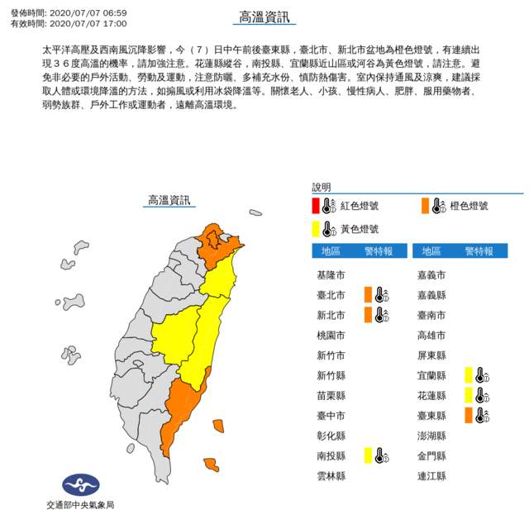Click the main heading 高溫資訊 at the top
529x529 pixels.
[x=264, y=18]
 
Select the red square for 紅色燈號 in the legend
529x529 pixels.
[x=316, y=206]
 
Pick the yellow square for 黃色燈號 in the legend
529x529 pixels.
[x=316, y=229]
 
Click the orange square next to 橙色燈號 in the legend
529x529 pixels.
[x=425, y=206]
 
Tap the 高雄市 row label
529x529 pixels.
[x=433, y=334]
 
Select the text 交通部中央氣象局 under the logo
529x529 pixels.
[x=79, y=505]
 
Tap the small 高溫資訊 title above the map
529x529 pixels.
[x=168, y=199]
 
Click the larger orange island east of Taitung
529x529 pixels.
[x=219, y=426]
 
